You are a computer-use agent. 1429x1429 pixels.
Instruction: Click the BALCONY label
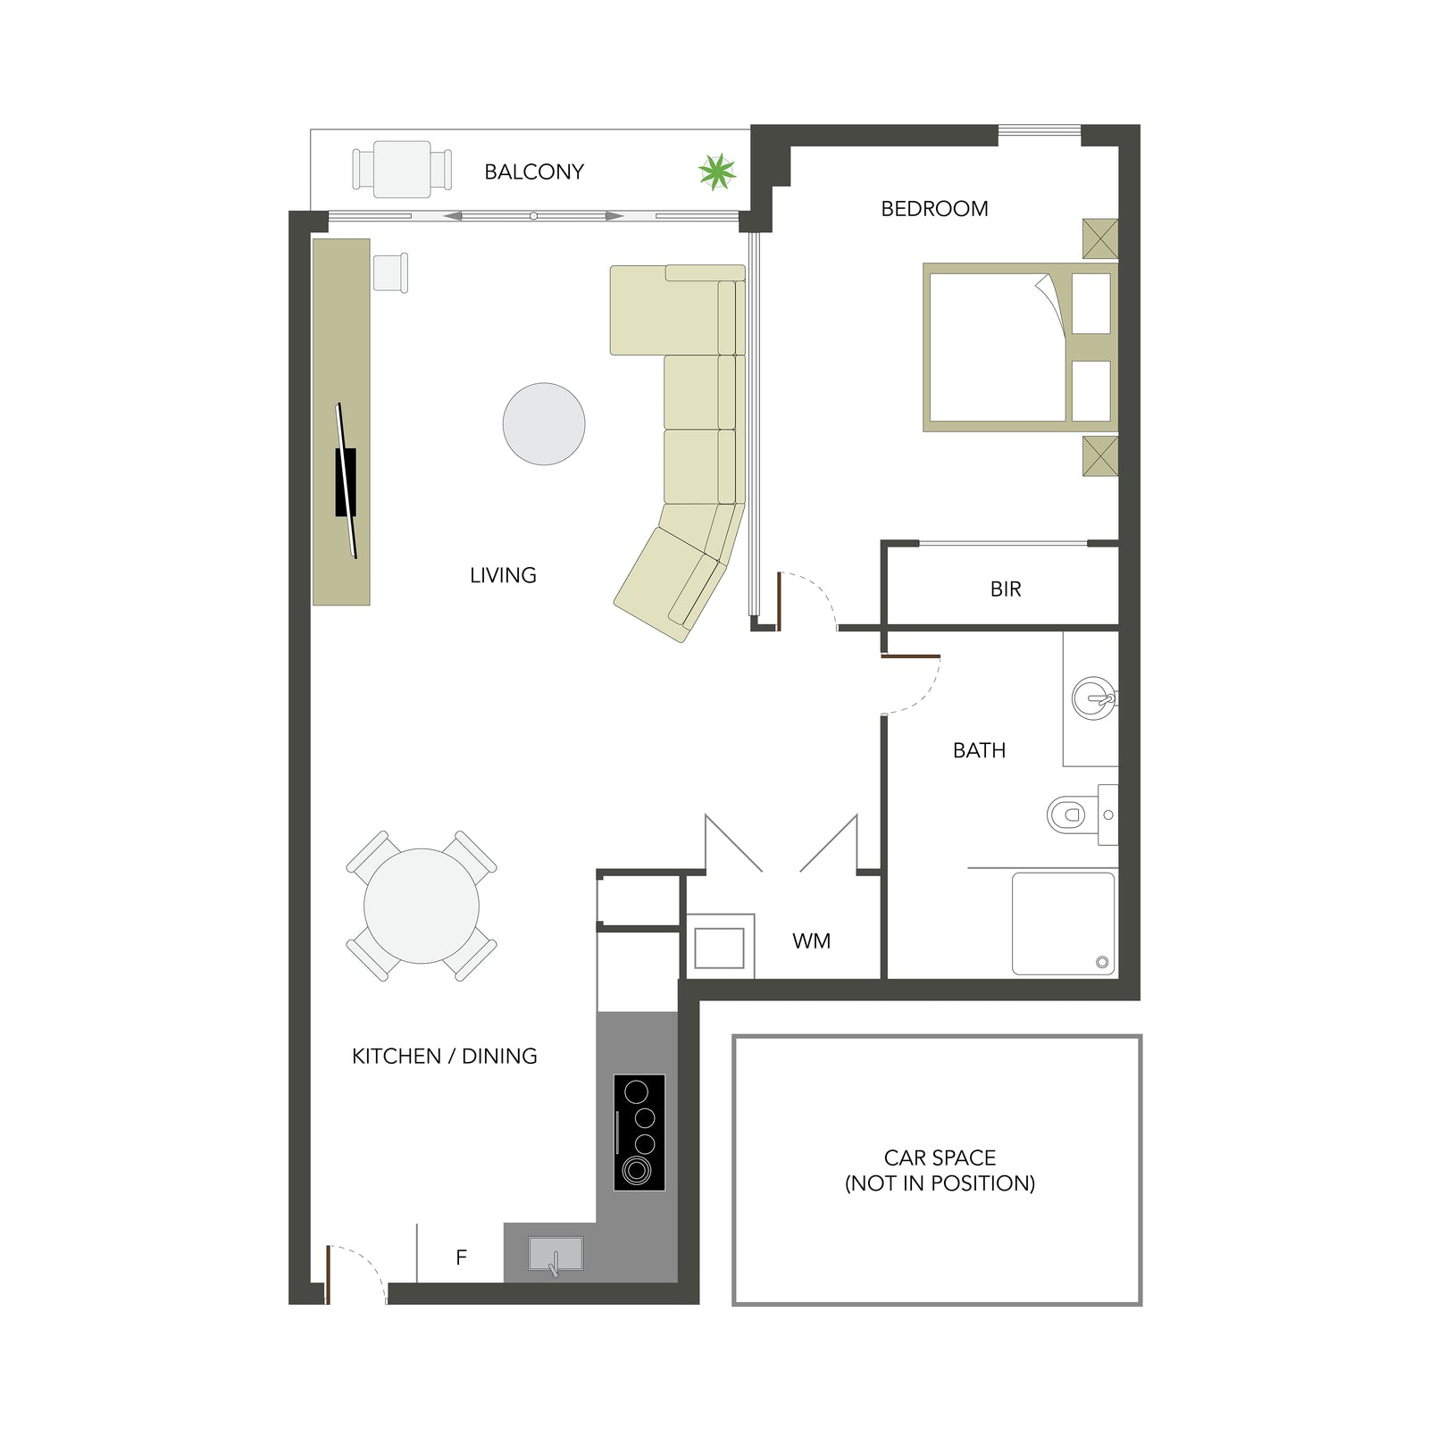(534, 171)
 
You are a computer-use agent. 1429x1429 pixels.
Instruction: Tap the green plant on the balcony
(717, 171)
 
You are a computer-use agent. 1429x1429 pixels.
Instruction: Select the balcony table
(402, 169)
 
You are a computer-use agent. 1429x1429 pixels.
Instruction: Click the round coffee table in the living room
(544, 424)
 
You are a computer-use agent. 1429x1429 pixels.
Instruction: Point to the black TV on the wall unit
(346, 481)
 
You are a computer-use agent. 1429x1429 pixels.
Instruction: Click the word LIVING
(503, 575)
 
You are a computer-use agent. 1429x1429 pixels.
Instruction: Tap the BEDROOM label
(934, 209)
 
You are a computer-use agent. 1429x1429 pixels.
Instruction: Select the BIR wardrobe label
(1006, 589)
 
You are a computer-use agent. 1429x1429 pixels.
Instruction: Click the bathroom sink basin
(1093, 698)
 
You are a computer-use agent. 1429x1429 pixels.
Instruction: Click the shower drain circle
(1102, 962)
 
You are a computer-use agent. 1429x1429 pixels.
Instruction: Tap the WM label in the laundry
(811, 941)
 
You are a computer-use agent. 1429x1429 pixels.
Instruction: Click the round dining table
(422, 906)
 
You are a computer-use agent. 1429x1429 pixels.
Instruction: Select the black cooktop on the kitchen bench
(639, 1132)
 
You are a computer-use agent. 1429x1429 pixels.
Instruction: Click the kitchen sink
(556, 1254)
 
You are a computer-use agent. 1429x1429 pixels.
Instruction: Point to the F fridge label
(461, 1258)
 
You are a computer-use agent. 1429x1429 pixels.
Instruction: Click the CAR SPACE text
(940, 1158)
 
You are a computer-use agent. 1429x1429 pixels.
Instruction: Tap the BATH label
(979, 750)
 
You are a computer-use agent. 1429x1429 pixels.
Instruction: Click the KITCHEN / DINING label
(445, 1057)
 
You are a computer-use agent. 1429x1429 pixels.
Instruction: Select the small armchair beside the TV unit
(390, 272)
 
